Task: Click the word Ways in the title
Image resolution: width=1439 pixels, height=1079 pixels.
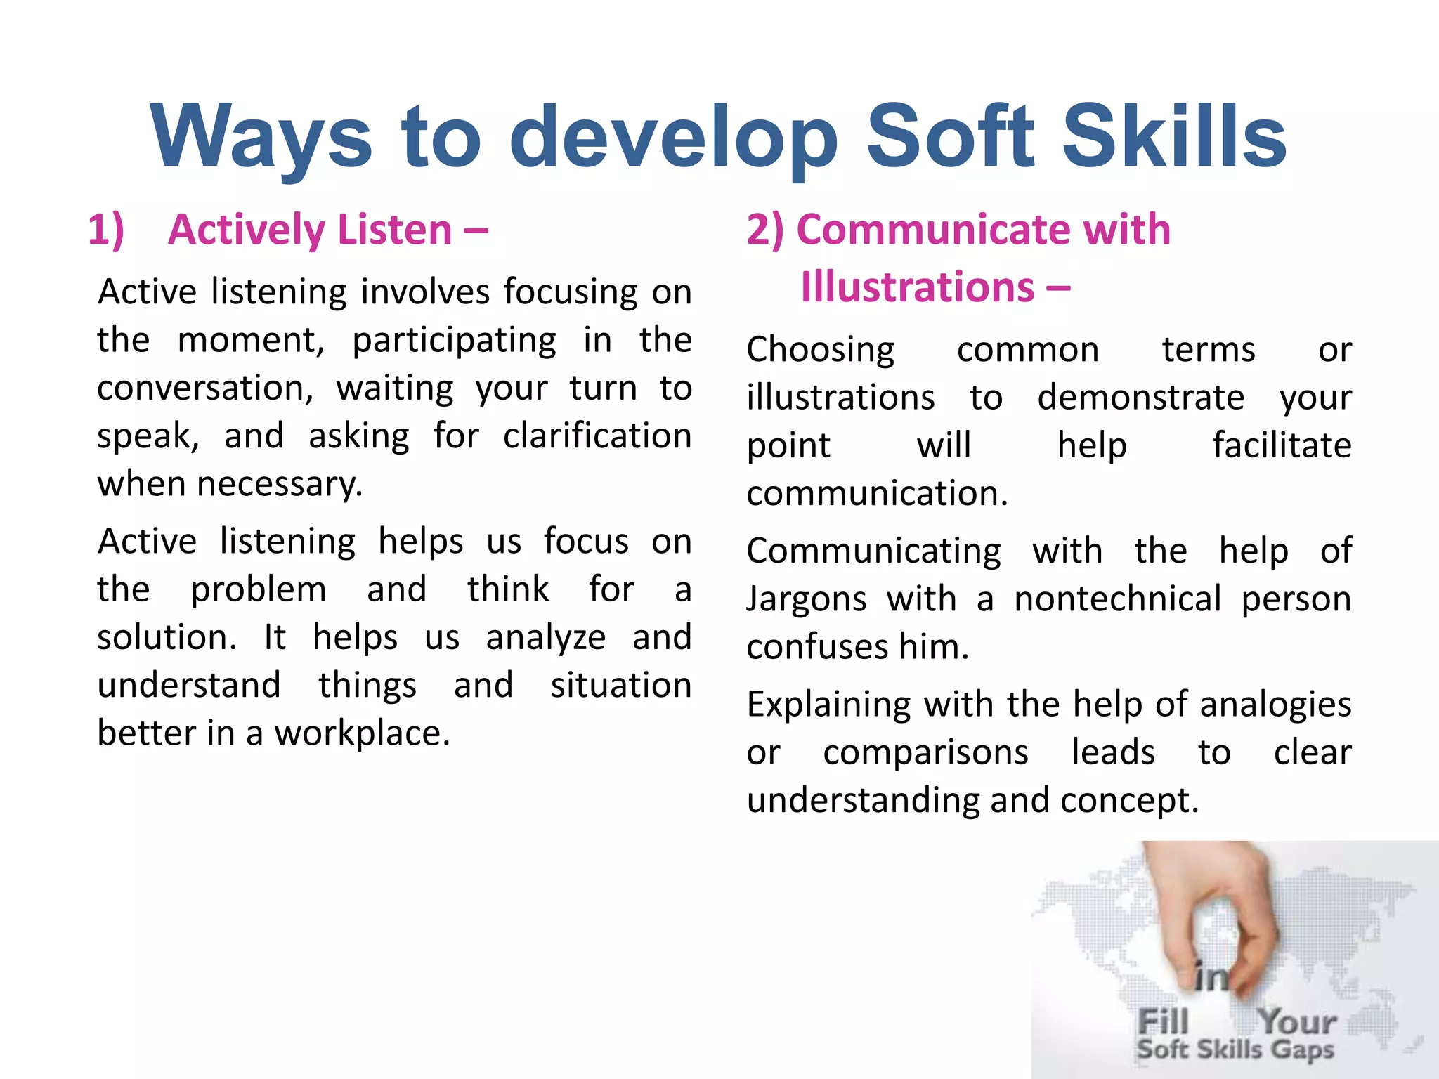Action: pos(261,138)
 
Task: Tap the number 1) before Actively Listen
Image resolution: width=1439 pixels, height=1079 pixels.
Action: pos(105,230)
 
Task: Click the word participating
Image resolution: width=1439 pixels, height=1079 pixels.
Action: pos(454,341)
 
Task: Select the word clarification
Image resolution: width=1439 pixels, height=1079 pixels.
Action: pos(597,436)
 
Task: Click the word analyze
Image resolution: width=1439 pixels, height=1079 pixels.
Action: pos(545,638)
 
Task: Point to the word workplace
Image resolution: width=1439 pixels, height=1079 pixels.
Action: pos(361,733)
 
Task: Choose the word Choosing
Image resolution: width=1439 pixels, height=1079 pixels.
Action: pos(820,351)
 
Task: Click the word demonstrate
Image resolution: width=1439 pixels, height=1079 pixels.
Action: pos(1140,398)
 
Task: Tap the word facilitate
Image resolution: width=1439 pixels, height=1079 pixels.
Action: pos(1282,446)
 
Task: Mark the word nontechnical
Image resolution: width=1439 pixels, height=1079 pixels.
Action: pos(1117,599)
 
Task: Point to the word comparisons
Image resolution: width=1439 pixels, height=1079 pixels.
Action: pos(925,753)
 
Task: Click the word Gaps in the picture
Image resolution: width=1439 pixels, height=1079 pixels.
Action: pos(1302,1049)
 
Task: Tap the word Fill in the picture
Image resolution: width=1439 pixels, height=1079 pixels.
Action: pos(1163,1021)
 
